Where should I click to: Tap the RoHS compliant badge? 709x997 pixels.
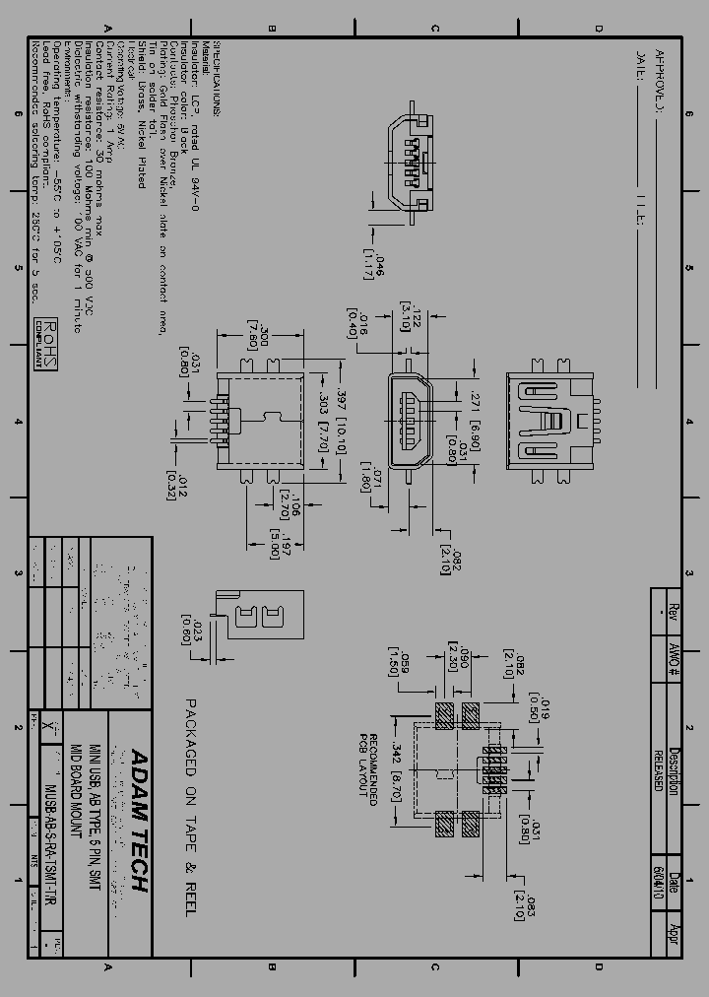pyautogui.click(x=46, y=343)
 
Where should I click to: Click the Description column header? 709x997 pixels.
pyautogui.click(x=675, y=769)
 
